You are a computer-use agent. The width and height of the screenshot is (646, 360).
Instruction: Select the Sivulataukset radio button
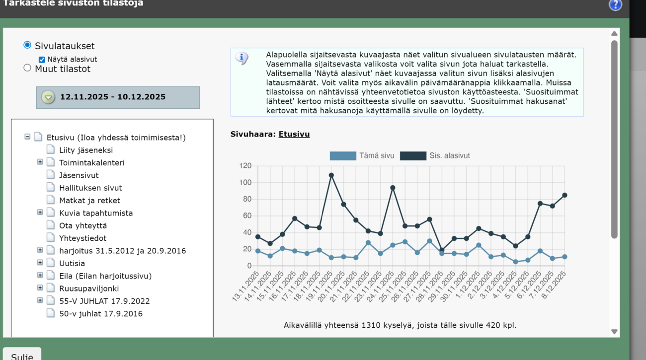(27, 45)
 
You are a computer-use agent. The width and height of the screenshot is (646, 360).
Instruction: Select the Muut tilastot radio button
(27, 68)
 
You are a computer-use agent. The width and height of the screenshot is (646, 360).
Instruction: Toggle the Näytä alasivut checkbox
(42, 60)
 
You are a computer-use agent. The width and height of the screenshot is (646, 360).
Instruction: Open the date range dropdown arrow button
(48, 97)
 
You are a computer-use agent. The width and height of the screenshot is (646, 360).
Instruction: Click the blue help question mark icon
(615, 5)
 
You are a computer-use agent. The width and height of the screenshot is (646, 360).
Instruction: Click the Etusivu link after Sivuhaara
(294, 134)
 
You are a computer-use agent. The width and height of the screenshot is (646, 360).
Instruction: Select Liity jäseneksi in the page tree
(86, 150)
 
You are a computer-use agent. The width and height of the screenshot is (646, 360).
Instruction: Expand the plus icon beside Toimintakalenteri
(40, 162)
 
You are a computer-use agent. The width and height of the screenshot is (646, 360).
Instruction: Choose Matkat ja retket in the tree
(89, 200)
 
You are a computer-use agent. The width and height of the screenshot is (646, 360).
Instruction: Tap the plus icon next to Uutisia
(40, 263)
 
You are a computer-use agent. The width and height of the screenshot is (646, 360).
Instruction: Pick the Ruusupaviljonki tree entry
(89, 288)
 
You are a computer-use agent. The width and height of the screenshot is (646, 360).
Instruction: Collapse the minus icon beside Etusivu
(27, 137)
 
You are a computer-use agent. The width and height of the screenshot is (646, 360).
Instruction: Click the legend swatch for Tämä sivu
(343, 156)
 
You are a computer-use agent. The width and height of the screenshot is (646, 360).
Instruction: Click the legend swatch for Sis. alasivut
(413, 156)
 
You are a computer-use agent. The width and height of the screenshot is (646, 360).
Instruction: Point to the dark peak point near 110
(331, 175)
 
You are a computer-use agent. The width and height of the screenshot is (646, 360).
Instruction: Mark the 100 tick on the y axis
(245, 182)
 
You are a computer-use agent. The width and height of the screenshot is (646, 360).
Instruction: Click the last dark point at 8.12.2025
(565, 196)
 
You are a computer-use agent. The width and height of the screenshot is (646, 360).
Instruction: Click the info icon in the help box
(242, 58)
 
